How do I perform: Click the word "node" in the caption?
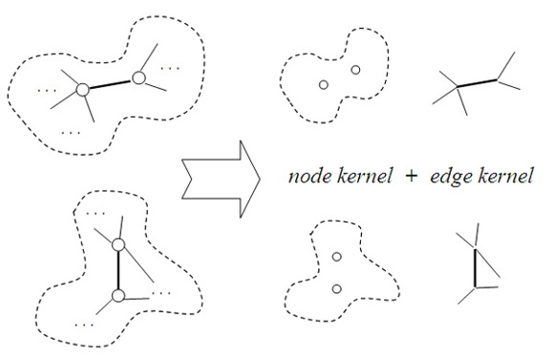[x=308, y=177]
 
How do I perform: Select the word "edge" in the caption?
[x=450, y=177]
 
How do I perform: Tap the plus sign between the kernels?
[x=411, y=177]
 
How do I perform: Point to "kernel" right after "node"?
[x=362, y=177]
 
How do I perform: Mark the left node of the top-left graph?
[x=83, y=89]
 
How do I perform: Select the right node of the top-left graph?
[x=139, y=75]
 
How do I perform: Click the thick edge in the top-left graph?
[x=111, y=82]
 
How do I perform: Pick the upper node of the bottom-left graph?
[x=117, y=245]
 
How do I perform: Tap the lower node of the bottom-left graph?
[x=117, y=297]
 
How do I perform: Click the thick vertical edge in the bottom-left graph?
[x=117, y=271]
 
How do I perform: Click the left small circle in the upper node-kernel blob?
[x=324, y=86]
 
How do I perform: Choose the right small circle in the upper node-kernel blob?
[x=355, y=70]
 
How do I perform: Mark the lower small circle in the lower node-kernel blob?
[x=336, y=288]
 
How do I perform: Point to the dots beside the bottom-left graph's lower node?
[x=159, y=291]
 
